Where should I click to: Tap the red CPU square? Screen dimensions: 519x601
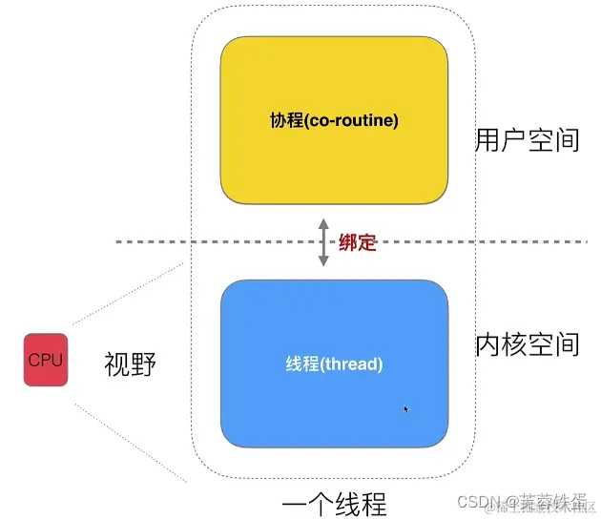(46, 360)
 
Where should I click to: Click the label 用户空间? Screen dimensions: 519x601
(527, 140)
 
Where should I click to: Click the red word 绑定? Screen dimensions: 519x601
(358, 242)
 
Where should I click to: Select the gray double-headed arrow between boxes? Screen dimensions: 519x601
(322, 242)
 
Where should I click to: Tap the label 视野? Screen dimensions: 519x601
(129, 363)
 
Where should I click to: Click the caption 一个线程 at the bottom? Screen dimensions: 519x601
(335, 503)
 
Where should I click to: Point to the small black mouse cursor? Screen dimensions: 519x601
(406, 409)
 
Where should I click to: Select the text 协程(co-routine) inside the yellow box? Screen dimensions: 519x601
(334, 121)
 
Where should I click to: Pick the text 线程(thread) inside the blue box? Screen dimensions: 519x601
(334, 364)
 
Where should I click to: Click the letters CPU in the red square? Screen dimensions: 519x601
(46, 360)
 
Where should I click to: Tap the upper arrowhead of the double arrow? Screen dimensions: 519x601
(322, 225)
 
